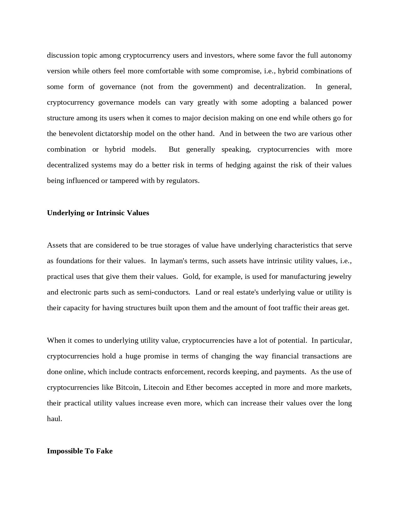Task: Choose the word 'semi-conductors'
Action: (166, 292)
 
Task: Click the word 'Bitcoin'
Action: (127, 388)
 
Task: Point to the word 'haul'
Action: (54, 419)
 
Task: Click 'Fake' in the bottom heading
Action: (104, 451)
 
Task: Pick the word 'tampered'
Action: (124, 181)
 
